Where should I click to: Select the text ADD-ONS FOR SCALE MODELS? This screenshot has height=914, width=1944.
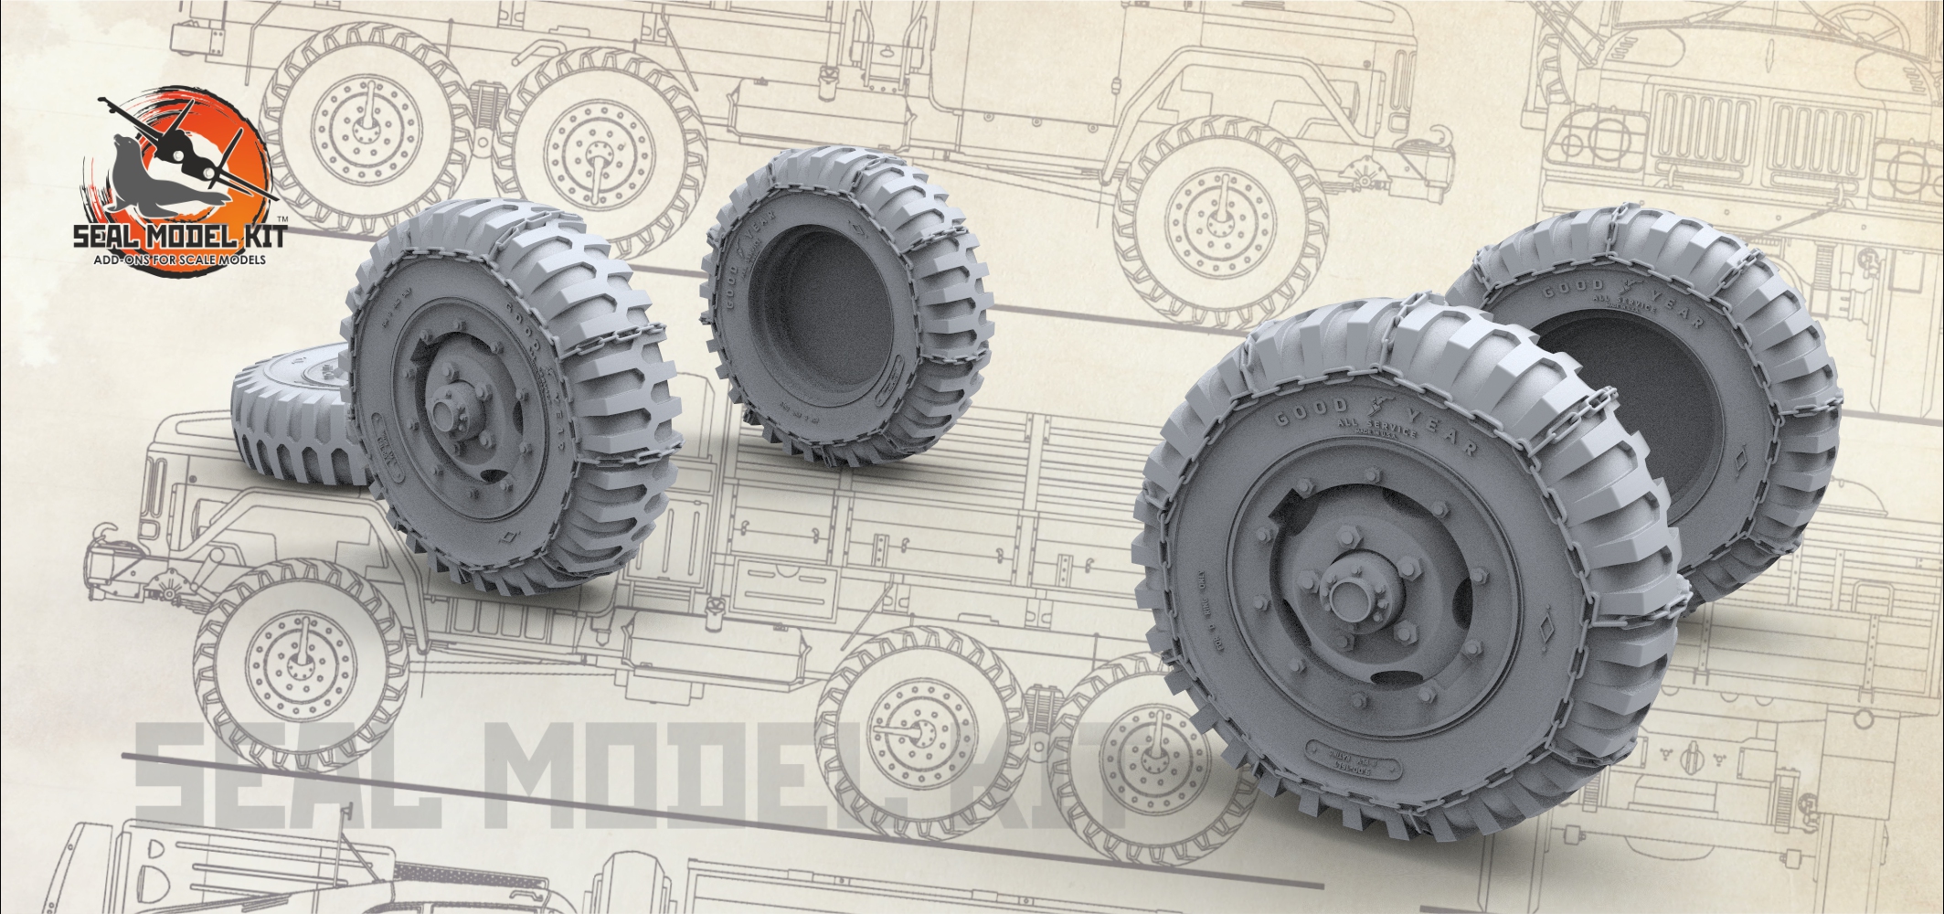(x=174, y=261)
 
